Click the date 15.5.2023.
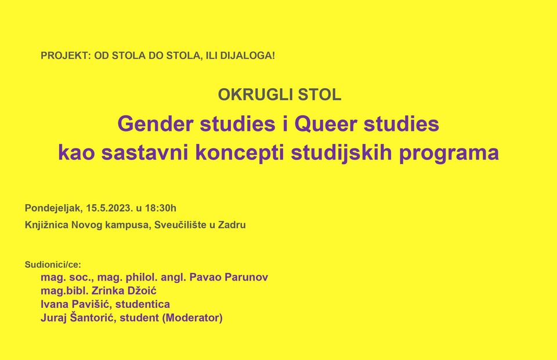pyautogui.click(x=110, y=208)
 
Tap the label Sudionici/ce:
pyautogui.click(x=53, y=264)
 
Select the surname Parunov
pyautogui.click(x=247, y=277)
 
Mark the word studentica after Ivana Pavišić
pyautogui.click(x=143, y=304)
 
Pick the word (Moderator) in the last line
pyautogui.click(x=192, y=318)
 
